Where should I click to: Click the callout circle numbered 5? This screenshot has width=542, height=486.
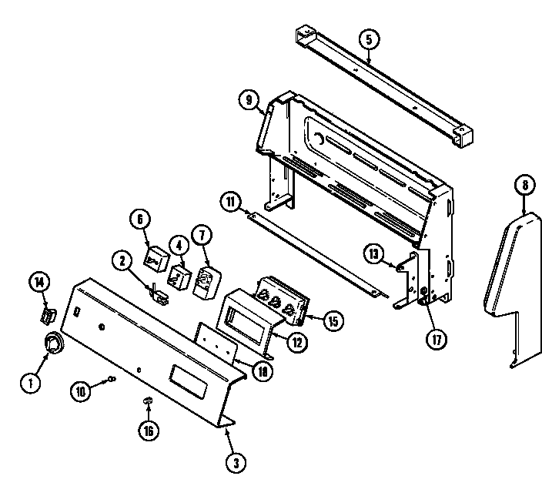[x=369, y=38]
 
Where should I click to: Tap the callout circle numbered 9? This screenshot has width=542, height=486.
[x=247, y=99]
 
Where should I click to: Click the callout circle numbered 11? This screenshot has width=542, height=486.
[x=229, y=203]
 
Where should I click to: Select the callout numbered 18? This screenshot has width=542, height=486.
[x=263, y=371]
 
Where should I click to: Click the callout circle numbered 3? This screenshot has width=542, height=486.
[x=236, y=462]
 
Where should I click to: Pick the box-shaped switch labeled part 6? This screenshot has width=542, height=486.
[x=157, y=258]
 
